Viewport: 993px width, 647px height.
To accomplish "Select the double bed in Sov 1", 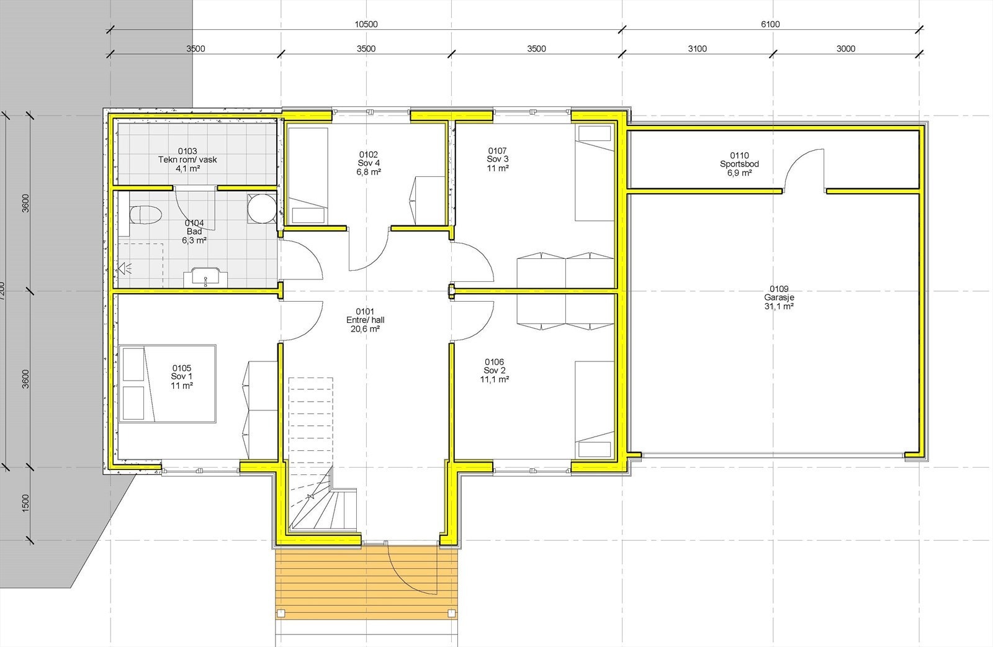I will point(168,384).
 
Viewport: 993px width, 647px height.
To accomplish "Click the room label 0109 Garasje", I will point(779,297).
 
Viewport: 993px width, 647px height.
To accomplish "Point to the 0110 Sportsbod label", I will point(739,164).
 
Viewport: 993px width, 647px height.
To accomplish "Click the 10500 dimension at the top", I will point(366,25).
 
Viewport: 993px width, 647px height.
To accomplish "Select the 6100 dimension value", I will point(770,25).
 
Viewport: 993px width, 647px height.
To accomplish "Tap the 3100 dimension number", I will point(697,49).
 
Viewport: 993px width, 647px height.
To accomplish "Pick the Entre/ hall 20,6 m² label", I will point(366,320).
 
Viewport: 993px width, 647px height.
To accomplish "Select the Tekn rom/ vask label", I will point(187,160).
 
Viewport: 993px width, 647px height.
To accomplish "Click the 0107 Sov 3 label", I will point(498,159).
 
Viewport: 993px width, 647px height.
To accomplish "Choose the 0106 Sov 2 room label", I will point(494,370).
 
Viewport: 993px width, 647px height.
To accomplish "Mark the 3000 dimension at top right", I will point(845,49).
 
